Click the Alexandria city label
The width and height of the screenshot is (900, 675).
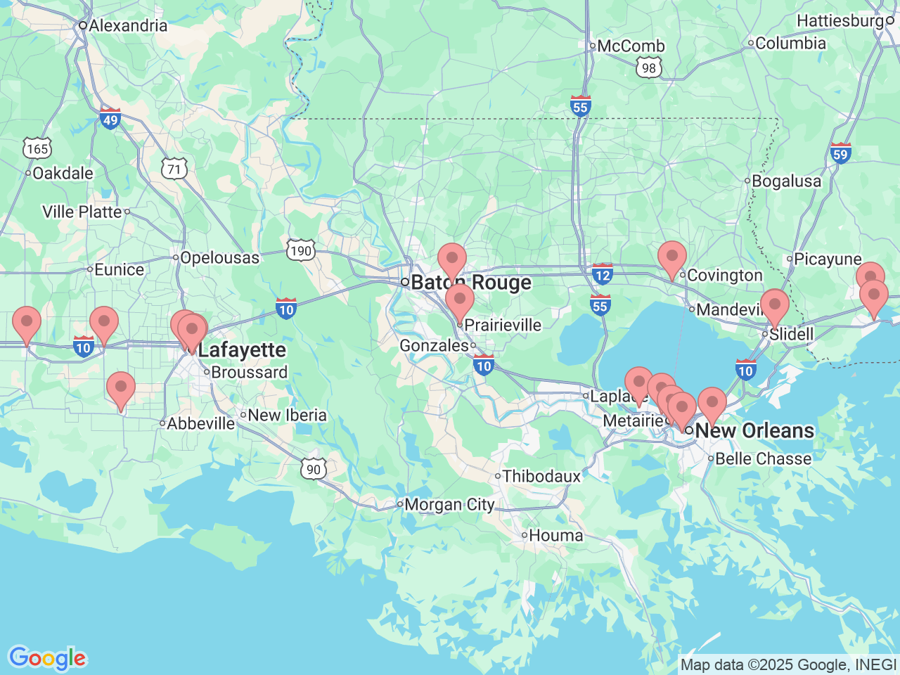coord(127,26)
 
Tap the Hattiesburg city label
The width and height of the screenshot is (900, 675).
coord(840,21)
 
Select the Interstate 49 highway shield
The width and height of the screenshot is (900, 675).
coord(110,119)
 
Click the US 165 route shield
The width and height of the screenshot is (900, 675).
coord(37,148)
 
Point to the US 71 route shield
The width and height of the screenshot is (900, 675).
coord(174,169)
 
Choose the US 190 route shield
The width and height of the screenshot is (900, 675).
coord(300,251)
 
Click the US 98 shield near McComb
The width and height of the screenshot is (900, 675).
coord(648,67)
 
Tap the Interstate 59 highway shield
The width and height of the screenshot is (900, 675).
coord(840,153)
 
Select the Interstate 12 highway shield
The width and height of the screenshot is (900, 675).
coord(602,274)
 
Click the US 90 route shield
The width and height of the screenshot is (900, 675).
coord(314,469)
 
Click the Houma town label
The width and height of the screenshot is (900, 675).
coord(555,536)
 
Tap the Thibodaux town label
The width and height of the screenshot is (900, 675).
coord(541,477)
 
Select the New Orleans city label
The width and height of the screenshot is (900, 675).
coord(754,430)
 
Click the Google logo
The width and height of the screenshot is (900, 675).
coord(47,658)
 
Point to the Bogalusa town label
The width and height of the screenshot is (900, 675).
coord(786,181)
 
